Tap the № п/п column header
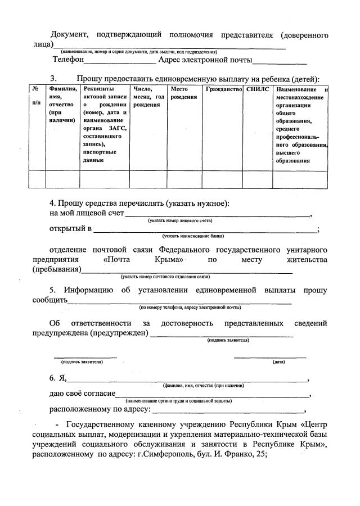tap(35, 96)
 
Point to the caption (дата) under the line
tap(278, 362)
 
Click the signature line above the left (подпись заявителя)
tap(85, 356)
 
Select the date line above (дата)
tap(270, 356)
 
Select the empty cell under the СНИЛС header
tap(258, 179)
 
